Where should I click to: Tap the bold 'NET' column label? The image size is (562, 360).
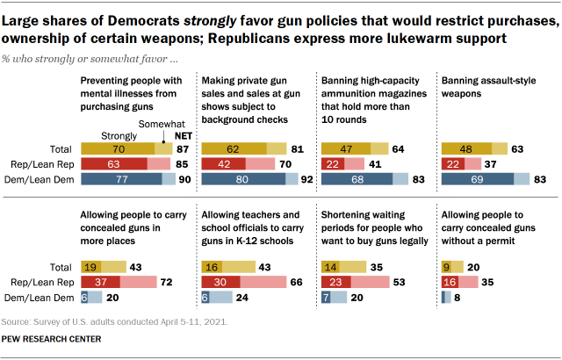tap(184, 135)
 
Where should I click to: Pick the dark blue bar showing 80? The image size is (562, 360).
tap(242, 179)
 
